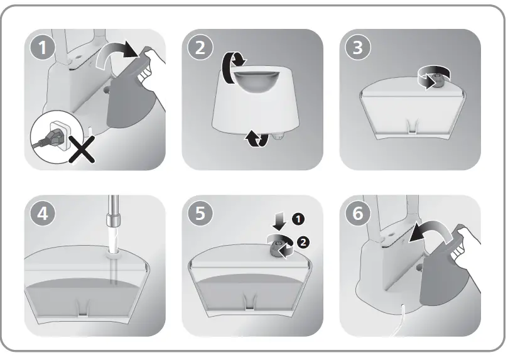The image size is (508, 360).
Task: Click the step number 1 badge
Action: pyautogui.click(x=43, y=47)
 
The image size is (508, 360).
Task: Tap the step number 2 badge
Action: pyautogui.click(x=200, y=47)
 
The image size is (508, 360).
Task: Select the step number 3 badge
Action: pyautogui.click(x=358, y=47)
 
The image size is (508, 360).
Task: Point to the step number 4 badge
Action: pyautogui.click(x=43, y=214)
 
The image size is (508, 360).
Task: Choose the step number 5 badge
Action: pyautogui.click(x=200, y=214)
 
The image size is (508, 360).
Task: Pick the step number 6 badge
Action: pyautogui.click(x=358, y=214)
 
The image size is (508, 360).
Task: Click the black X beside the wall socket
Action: pyautogui.click(x=82, y=150)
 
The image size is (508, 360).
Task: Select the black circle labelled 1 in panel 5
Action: pyautogui.click(x=298, y=219)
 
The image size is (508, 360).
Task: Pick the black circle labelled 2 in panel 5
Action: pyautogui.click(x=303, y=243)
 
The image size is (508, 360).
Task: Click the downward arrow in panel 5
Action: pyautogui.click(x=279, y=221)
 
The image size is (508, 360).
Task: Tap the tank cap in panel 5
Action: pyautogui.click(x=276, y=250)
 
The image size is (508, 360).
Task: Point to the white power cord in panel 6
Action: pyautogui.click(x=400, y=321)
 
